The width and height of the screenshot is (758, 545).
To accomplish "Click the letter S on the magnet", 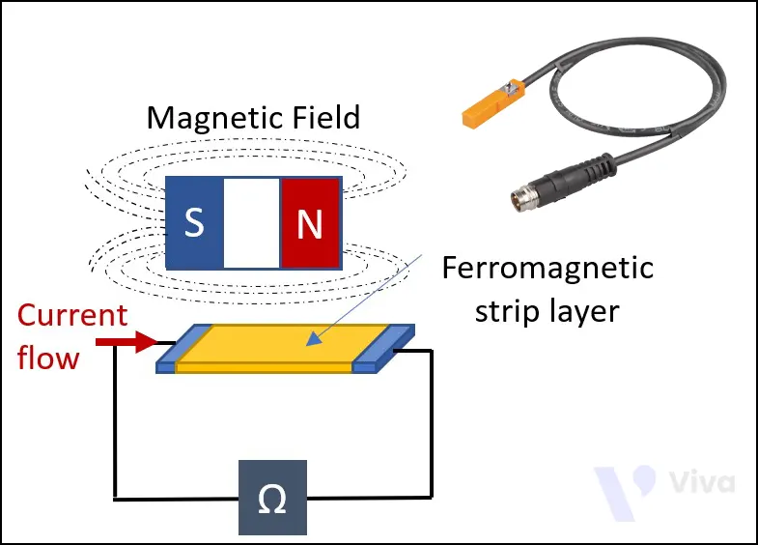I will [x=194, y=223].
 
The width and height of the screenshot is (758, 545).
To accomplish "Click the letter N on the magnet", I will [x=309, y=224].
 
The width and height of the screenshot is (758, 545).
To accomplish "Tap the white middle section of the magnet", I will [x=252, y=223].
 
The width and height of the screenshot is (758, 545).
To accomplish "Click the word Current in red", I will [x=72, y=316].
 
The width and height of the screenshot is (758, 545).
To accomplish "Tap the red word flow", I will [x=48, y=359].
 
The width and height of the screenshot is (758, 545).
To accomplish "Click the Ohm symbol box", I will [x=273, y=500].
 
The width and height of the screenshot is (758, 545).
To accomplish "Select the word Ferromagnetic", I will [x=547, y=268].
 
